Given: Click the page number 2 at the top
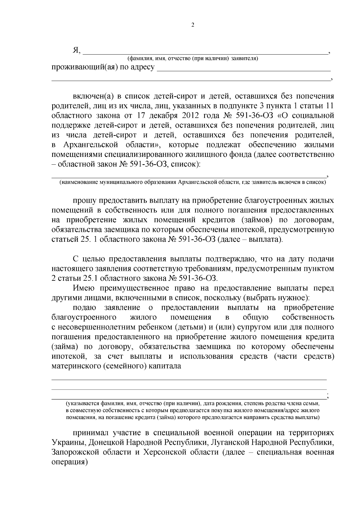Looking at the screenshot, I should pos(193,25).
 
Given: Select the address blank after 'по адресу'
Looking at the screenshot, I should pos(244,69).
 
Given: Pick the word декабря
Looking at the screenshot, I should pos(163,115).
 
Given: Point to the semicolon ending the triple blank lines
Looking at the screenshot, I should pos(329,396).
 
